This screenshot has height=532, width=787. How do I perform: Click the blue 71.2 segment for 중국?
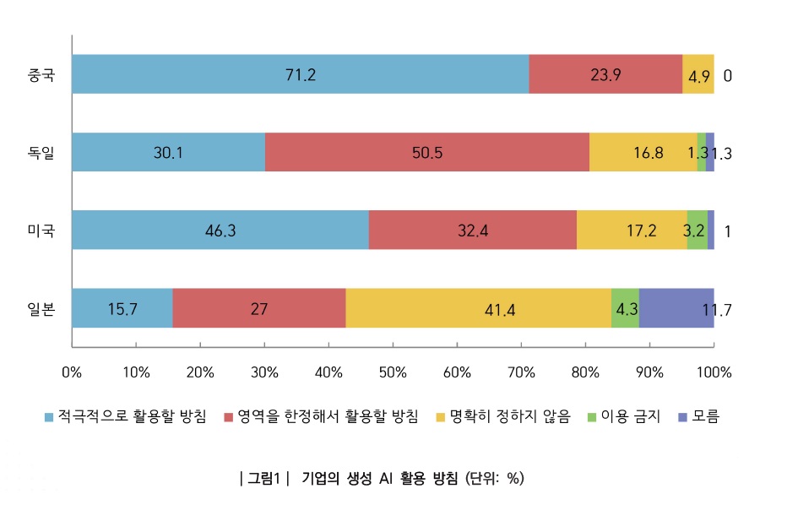coord(301,74)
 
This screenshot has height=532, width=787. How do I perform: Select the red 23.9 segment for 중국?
coord(605,74)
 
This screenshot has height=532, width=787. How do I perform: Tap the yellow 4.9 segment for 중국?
coord(698,74)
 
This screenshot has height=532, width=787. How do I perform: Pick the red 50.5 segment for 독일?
coord(427,152)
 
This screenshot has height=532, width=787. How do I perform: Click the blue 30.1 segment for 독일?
coord(168,152)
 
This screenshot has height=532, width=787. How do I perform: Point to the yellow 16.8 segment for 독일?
coord(643,152)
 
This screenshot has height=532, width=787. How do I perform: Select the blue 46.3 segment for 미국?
coord(220,231)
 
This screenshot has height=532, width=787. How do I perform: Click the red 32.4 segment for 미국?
coord(473,231)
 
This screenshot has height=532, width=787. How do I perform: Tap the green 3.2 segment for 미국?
coord(697,231)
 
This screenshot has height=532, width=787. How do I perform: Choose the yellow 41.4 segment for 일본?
coord(479,308)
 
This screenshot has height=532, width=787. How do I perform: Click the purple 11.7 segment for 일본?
coord(677,308)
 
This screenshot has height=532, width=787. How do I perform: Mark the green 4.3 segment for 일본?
coord(626,308)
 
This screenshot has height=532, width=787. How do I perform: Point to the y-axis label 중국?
coord(41,75)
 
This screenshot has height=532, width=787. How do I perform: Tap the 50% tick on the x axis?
coord(393,372)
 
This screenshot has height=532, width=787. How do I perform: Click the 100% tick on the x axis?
coord(714,372)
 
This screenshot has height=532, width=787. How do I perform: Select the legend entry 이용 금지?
coord(629,416)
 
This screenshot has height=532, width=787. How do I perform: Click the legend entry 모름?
coord(705,416)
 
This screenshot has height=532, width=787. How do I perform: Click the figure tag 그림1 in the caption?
coord(264,478)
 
